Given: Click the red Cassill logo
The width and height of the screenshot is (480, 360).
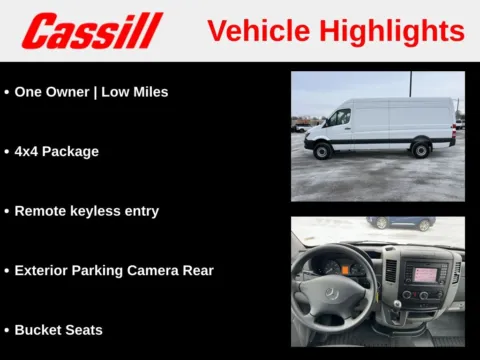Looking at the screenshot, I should [x=92, y=30].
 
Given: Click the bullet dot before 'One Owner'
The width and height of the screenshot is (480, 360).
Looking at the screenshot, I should [x=7, y=92].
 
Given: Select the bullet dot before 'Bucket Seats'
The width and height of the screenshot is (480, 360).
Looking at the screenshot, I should [x=7, y=329].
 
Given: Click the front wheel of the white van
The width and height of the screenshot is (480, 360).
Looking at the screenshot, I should [x=323, y=151].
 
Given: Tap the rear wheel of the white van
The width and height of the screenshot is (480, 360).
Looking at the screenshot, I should [x=421, y=150].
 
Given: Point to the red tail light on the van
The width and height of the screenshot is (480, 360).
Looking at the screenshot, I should [x=455, y=127].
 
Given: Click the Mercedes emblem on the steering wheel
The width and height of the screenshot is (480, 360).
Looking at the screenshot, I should [x=331, y=293].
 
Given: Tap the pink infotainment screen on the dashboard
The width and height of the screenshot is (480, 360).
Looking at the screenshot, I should [x=426, y=273].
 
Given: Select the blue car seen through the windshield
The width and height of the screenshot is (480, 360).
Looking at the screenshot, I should [x=399, y=223].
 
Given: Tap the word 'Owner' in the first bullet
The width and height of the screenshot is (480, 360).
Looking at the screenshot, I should [x=70, y=92].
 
